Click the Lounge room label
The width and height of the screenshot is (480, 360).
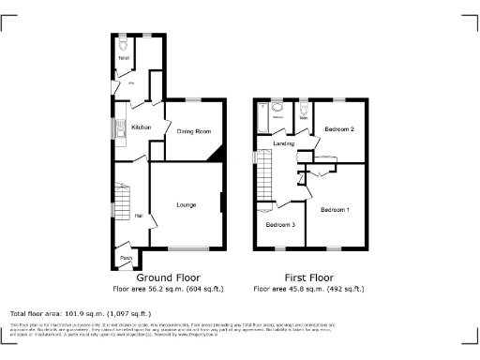[x=185, y=203]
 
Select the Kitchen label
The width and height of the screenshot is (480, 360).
[x=142, y=127]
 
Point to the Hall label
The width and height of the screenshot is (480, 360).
[x=139, y=216]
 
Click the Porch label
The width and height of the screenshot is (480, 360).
[x=125, y=257]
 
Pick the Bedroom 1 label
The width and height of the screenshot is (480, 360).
[x=335, y=209]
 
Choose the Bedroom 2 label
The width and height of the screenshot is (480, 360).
[x=338, y=128]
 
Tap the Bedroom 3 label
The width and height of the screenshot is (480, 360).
[x=279, y=225]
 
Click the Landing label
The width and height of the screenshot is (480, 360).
[x=284, y=143]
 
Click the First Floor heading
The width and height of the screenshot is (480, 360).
[x=308, y=277]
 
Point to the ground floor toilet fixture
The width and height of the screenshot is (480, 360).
[x=123, y=44]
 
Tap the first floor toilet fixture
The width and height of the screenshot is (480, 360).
[x=304, y=111]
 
